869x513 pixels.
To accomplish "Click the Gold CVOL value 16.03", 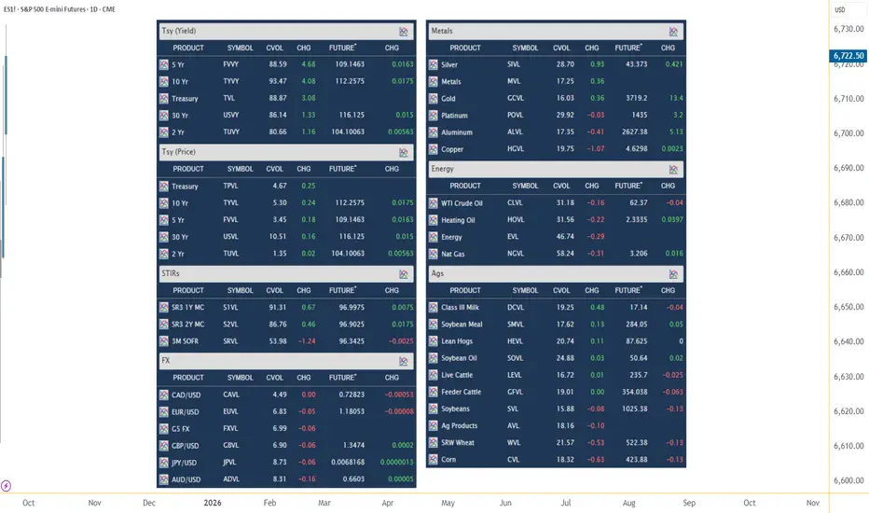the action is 565,98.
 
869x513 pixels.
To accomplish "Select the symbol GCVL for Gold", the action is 515,98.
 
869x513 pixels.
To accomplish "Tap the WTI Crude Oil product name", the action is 462,203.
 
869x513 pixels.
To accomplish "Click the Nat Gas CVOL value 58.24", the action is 565,254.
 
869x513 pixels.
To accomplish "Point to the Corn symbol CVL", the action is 513,459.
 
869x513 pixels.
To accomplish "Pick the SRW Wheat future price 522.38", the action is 636,442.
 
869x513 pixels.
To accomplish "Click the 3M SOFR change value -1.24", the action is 307,341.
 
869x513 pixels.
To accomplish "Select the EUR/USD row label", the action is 186,412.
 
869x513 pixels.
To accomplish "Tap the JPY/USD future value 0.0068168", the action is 348,462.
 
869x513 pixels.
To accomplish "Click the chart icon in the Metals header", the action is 673,32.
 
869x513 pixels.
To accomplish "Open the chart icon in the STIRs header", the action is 404,274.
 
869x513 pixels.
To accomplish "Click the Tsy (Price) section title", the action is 178,152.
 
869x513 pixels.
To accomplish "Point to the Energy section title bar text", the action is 442,169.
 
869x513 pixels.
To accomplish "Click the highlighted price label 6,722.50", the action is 848,55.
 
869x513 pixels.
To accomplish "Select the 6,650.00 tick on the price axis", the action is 848,307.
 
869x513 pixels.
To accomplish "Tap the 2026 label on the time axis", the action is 213,503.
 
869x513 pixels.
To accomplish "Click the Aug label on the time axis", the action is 628,503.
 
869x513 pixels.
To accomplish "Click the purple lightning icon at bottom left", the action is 7,486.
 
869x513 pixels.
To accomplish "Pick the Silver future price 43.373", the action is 636,64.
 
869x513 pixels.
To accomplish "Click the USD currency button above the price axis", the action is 840,9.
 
